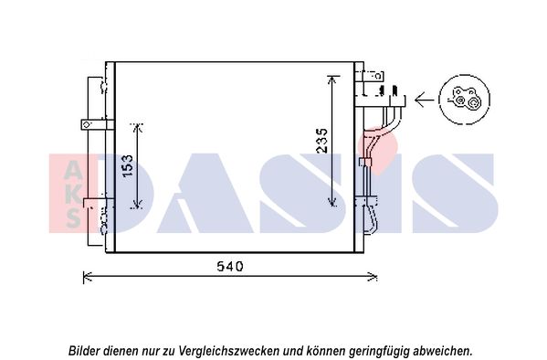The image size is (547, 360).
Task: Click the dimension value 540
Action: [229, 267]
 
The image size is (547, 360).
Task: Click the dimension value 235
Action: [322, 141]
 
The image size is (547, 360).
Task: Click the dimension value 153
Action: [127, 165]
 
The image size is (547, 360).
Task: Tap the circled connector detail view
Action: [464, 100]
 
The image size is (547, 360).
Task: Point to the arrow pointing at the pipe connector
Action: [425, 100]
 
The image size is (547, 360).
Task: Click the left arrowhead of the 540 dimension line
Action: [88, 277]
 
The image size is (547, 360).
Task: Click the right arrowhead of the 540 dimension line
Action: [373, 277]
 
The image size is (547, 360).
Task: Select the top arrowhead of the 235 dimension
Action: [331, 79]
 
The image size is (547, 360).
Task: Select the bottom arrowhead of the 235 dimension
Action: [331, 202]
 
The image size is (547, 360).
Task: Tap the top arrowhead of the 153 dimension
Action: [138, 128]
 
